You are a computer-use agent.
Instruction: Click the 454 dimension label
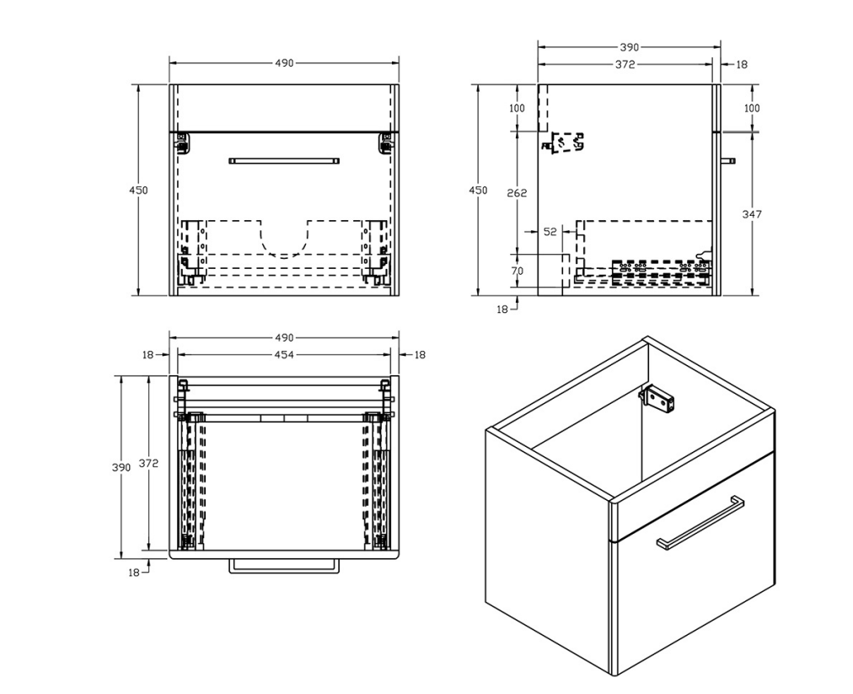tap(284, 355)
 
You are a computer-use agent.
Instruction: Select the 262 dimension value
tap(517, 193)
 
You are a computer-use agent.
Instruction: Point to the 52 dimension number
tap(550, 232)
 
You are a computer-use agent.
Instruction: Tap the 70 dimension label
tap(517, 271)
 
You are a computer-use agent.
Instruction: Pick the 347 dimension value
tap(752, 214)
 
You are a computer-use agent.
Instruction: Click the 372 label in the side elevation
tap(625, 64)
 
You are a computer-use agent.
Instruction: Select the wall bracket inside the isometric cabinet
tap(658, 399)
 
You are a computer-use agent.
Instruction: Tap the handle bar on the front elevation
tap(284, 160)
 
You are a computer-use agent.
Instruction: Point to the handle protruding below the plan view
tap(284, 567)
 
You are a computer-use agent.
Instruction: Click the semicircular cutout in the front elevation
tap(284, 241)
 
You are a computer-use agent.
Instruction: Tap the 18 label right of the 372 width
tap(741, 64)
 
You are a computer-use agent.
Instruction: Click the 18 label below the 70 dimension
tap(502, 309)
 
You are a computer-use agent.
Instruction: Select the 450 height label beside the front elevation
tap(138, 191)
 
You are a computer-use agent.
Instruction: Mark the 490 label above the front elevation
tap(284, 63)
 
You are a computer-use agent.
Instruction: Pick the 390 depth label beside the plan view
tap(121, 467)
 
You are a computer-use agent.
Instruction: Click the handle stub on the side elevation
tap(728, 159)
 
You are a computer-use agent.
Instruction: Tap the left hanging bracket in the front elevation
tap(182, 144)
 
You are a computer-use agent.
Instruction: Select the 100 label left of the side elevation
tap(517, 108)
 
